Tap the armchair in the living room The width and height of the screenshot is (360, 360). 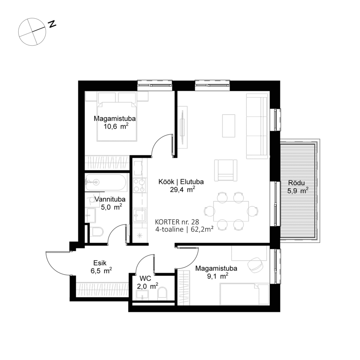226,170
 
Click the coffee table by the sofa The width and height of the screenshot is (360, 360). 229,126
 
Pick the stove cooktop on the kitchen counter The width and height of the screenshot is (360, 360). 139,185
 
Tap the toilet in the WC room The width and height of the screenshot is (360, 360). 163,293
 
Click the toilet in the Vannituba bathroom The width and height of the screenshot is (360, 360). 96,232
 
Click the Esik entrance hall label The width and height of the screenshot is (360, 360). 100,262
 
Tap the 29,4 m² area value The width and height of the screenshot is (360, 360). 182,190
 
